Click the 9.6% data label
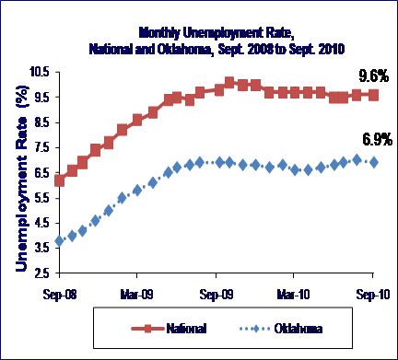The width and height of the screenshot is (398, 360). click(x=374, y=75)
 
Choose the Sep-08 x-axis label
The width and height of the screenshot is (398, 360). click(x=59, y=295)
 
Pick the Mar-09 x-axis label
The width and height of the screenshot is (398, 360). click(x=136, y=295)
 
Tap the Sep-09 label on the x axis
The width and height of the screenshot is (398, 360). click(x=217, y=295)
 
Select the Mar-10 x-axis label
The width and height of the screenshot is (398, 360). click(x=293, y=295)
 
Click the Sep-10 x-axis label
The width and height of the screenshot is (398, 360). click(x=373, y=295)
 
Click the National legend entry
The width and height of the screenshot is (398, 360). click(x=169, y=329)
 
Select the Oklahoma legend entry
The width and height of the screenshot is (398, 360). click(x=281, y=329)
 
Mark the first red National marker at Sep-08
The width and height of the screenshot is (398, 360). click(x=59, y=180)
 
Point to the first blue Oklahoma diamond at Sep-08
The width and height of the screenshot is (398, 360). click(x=59, y=241)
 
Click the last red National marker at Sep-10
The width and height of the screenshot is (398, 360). click(x=373, y=95)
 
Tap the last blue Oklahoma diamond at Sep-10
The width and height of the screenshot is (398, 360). click(x=373, y=162)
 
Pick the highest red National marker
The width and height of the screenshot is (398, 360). click(x=229, y=83)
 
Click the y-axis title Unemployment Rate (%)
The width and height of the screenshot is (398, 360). click(x=21, y=178)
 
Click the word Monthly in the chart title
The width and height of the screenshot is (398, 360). click(x=158, y=33)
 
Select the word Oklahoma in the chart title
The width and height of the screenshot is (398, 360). click(x=183, y=49)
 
